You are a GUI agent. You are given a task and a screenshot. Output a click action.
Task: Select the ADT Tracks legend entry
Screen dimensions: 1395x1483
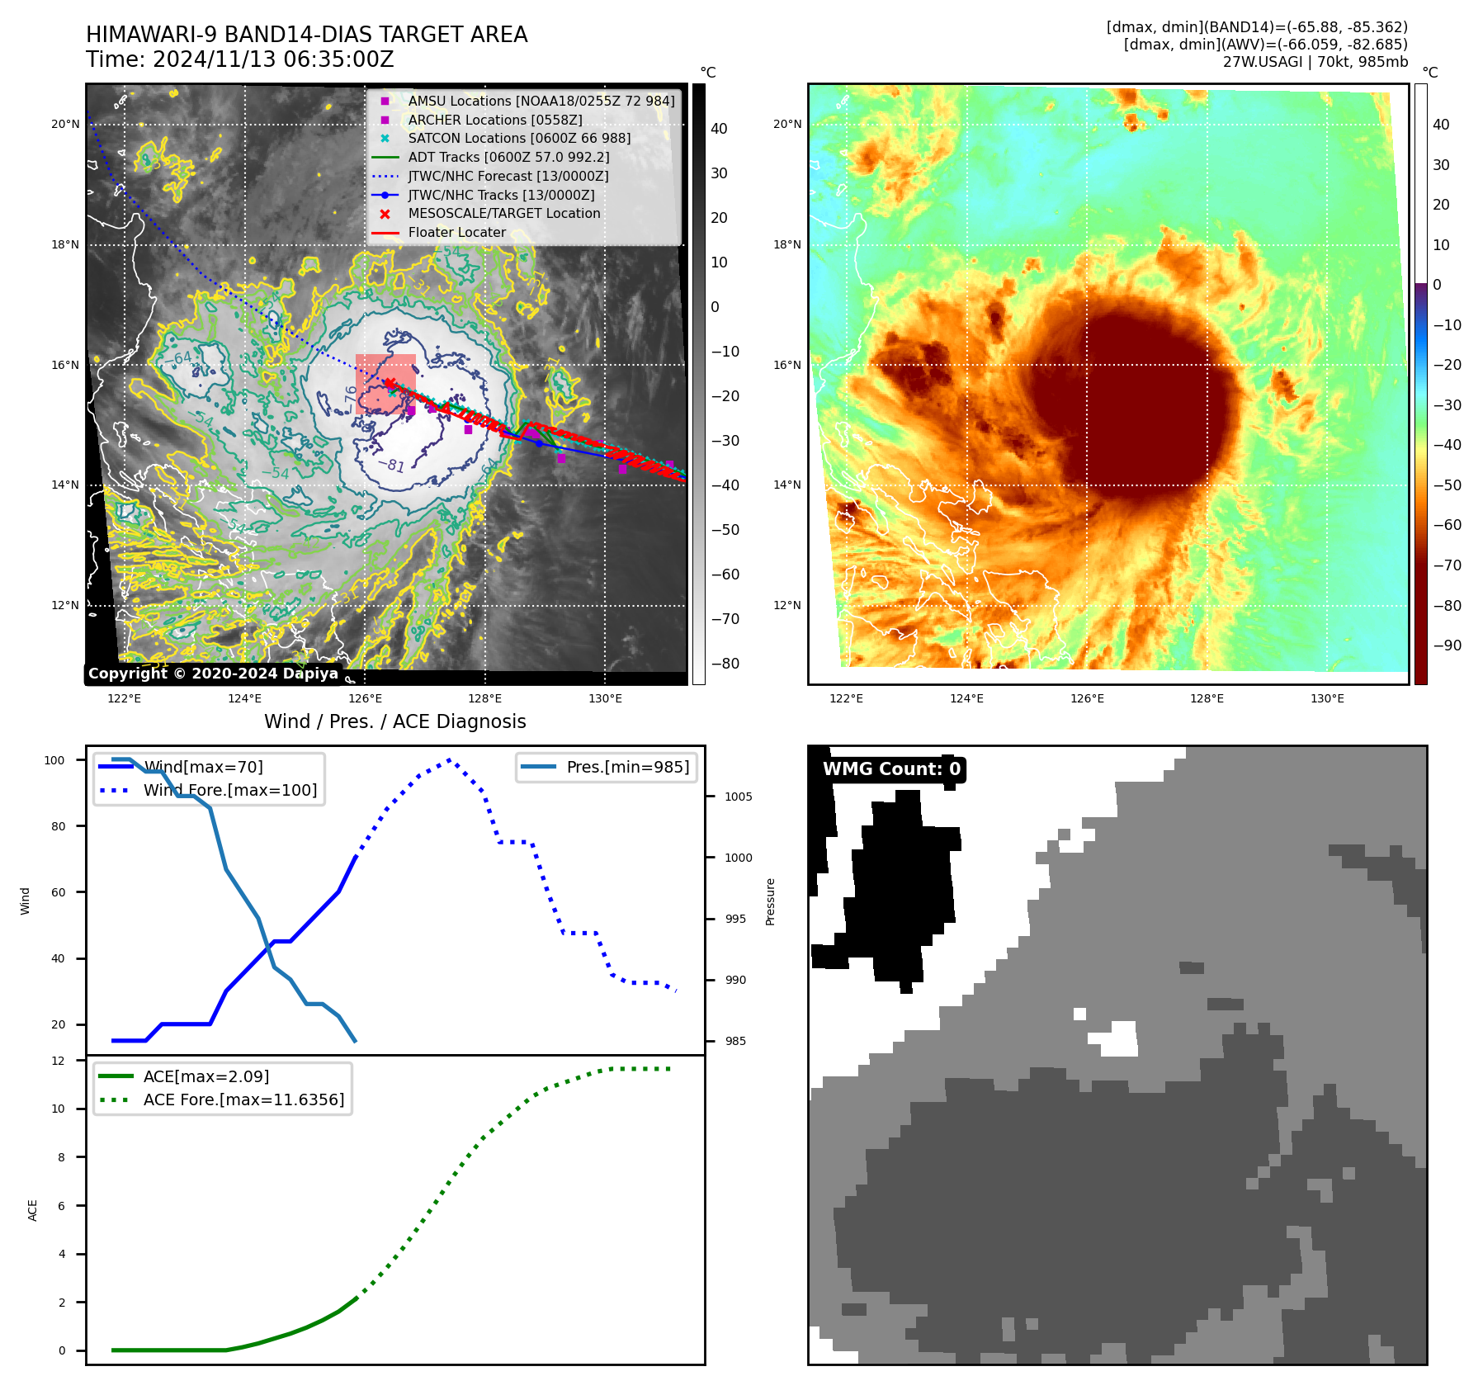508,158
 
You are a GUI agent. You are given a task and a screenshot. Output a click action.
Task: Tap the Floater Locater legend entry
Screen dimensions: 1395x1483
456,233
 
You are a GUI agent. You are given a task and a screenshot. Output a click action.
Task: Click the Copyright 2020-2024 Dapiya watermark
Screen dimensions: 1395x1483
213,674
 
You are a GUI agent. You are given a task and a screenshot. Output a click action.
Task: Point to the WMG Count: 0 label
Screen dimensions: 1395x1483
891,769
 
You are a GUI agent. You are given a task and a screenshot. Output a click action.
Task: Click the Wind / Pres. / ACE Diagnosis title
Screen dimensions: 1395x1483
394,722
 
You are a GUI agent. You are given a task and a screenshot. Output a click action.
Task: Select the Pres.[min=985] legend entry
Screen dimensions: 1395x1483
627,768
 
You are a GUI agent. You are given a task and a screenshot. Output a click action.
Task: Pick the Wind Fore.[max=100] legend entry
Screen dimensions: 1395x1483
229,791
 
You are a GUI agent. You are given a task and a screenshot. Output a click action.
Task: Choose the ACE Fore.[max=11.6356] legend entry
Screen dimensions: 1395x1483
243,1100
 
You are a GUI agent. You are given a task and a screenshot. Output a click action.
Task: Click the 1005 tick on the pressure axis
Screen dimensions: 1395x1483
738,797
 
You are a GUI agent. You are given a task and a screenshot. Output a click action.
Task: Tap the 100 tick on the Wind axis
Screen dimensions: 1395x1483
54,760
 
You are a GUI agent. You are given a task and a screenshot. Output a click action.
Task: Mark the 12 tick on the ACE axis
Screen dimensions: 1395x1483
58,1061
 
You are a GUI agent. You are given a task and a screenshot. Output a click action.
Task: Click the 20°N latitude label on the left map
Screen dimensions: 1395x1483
65,125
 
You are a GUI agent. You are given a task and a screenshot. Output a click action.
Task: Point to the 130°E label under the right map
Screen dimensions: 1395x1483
1327,699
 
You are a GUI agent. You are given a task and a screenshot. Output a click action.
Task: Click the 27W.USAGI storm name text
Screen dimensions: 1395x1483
1262,62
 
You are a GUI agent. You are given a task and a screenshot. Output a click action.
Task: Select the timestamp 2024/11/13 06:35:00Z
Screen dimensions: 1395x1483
273,60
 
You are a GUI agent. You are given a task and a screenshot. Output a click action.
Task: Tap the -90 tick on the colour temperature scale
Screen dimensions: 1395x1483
1447,645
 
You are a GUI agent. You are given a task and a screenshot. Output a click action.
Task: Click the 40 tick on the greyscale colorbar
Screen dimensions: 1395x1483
719,129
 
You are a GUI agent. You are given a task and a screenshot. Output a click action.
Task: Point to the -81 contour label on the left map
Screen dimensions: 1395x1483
391,465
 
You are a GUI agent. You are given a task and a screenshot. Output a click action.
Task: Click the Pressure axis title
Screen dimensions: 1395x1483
771,901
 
